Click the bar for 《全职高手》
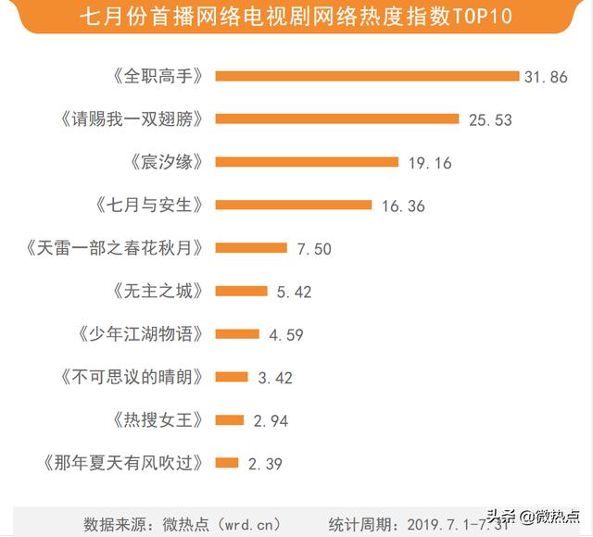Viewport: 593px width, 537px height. point(366,76)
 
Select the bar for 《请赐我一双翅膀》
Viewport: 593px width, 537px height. point(337,119)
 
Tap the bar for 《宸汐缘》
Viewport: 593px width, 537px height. point(307,162)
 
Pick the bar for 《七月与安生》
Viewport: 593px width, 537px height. point(293,205)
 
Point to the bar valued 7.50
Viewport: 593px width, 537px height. point(251,247)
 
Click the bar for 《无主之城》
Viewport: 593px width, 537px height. point(241,291)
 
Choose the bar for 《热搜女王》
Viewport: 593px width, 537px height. point(229,419)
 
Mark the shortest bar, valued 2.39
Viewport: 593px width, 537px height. point(226,462)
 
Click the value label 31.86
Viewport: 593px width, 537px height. point(545,77)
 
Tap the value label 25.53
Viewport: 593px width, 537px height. point(488,119)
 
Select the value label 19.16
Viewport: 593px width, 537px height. point(429,163)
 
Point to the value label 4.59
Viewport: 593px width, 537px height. point(286,334)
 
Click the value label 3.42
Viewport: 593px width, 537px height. point(275,377)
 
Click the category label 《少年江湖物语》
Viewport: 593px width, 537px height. point(137,333)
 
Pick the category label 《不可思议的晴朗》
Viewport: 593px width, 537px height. point(132,377)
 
